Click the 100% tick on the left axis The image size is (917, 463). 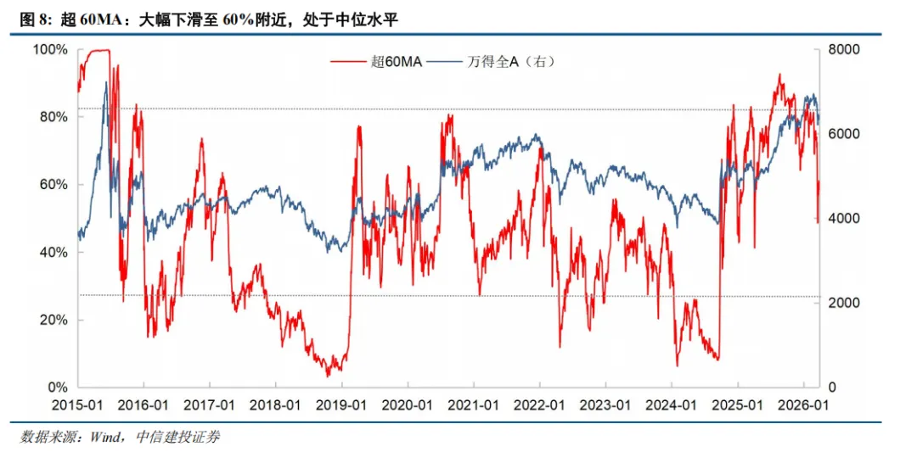tap(50, 50)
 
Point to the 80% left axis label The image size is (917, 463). tap(53, 117)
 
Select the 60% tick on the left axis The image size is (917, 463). tap(53, 185)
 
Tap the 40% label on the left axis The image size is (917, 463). tap(53, 253)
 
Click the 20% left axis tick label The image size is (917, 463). tap(53, 321)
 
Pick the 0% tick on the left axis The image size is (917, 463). tap(57, 388)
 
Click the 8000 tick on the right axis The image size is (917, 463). tap(846, 50)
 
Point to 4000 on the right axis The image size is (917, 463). tap(846, 219)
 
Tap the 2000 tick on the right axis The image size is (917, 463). tap(846, 304)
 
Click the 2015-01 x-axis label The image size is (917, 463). tap(78, 405)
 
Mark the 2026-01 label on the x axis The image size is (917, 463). tap(802, 405)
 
